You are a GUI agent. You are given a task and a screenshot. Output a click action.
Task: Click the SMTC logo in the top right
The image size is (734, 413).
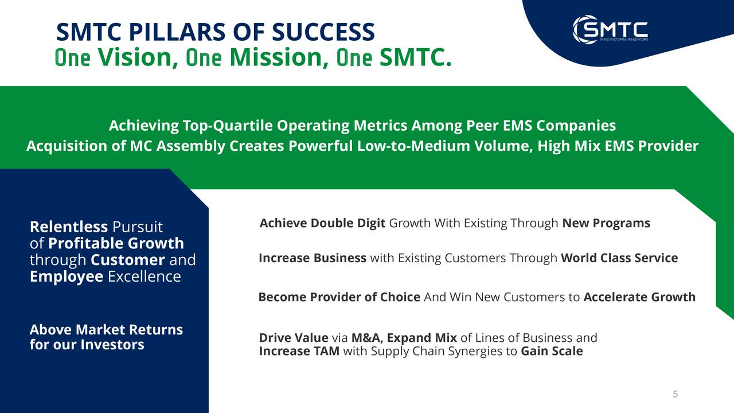tap(610, 29)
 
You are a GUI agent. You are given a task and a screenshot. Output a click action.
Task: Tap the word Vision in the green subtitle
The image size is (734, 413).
tap(135, 57)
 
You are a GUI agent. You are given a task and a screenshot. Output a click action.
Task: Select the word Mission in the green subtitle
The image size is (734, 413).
tap(278, 57)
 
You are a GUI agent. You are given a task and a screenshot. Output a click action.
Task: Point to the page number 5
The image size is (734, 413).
tap(675, 394)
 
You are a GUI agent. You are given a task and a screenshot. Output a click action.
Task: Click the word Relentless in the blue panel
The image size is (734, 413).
tap(68, 227)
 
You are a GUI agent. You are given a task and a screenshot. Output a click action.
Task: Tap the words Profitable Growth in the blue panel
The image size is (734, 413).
tap(116, 243)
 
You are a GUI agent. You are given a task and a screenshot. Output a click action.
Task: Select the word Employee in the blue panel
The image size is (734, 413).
tap(67, 276)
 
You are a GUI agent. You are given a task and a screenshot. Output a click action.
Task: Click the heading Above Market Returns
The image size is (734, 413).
tap(106, 330)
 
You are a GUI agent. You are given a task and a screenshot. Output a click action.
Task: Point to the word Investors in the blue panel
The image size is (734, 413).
tap(112, 345)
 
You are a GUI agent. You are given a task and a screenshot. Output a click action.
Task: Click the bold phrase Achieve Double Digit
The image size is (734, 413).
tap(322, 223)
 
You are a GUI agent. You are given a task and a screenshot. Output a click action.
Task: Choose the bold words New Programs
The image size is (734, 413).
tap(606, 223)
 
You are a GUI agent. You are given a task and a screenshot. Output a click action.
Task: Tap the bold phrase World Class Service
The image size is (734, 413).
tap(619, 258)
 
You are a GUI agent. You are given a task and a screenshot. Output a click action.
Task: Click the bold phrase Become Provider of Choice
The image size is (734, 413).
tap(339, 297)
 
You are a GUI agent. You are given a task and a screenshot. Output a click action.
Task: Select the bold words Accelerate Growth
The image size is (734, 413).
tap(639, 297)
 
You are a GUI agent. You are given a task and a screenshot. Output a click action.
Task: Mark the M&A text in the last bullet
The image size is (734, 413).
tap(366, 338)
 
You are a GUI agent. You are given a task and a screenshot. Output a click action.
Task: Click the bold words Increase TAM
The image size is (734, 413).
tap(299, 351)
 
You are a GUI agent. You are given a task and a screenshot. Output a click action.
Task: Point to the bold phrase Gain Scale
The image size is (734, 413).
tap(552, 351)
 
